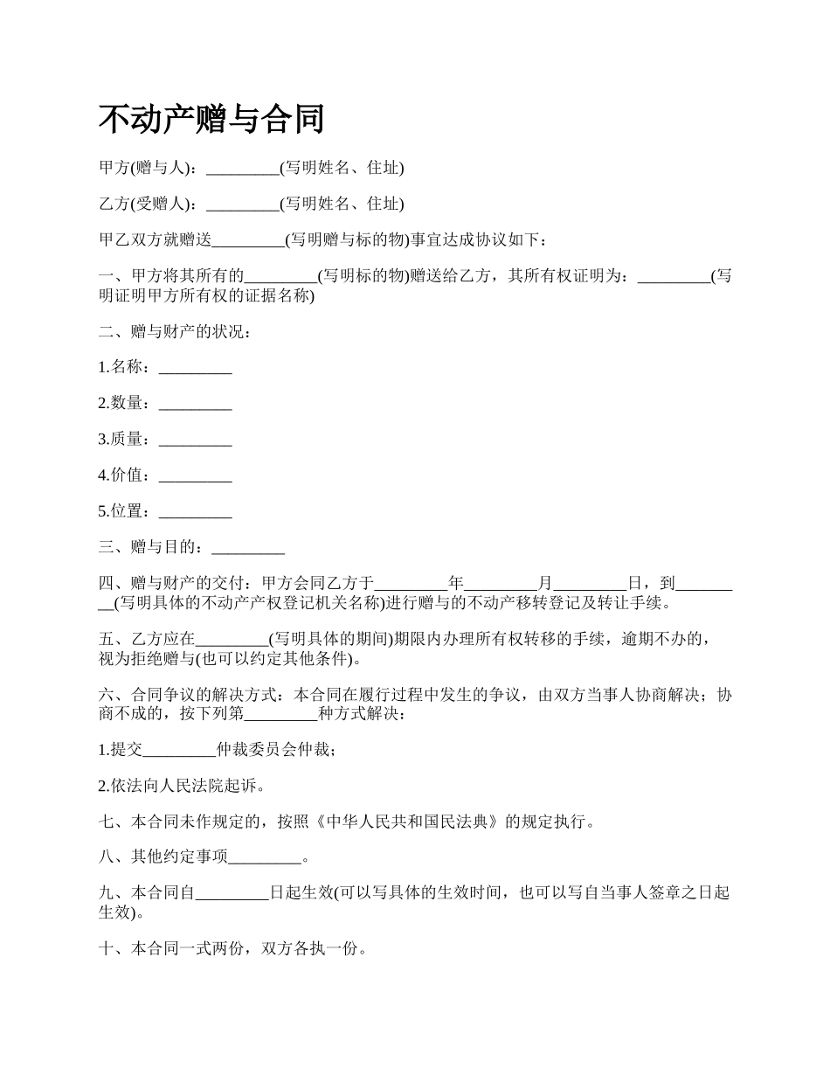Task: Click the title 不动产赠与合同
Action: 211,119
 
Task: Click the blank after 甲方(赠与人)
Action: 242,169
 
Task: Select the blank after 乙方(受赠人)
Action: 242,205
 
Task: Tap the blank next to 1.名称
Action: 195,368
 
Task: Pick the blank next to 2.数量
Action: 195,404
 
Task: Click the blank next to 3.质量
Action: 195,440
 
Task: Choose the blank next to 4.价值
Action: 195,475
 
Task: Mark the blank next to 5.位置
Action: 195,511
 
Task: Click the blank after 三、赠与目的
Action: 248,547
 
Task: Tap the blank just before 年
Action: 411,583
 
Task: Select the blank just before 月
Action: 501,583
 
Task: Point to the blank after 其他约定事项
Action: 264,857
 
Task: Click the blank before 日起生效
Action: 232,893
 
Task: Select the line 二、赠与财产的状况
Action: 175,332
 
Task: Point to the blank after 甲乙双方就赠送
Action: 248,240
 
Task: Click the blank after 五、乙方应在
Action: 232,639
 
